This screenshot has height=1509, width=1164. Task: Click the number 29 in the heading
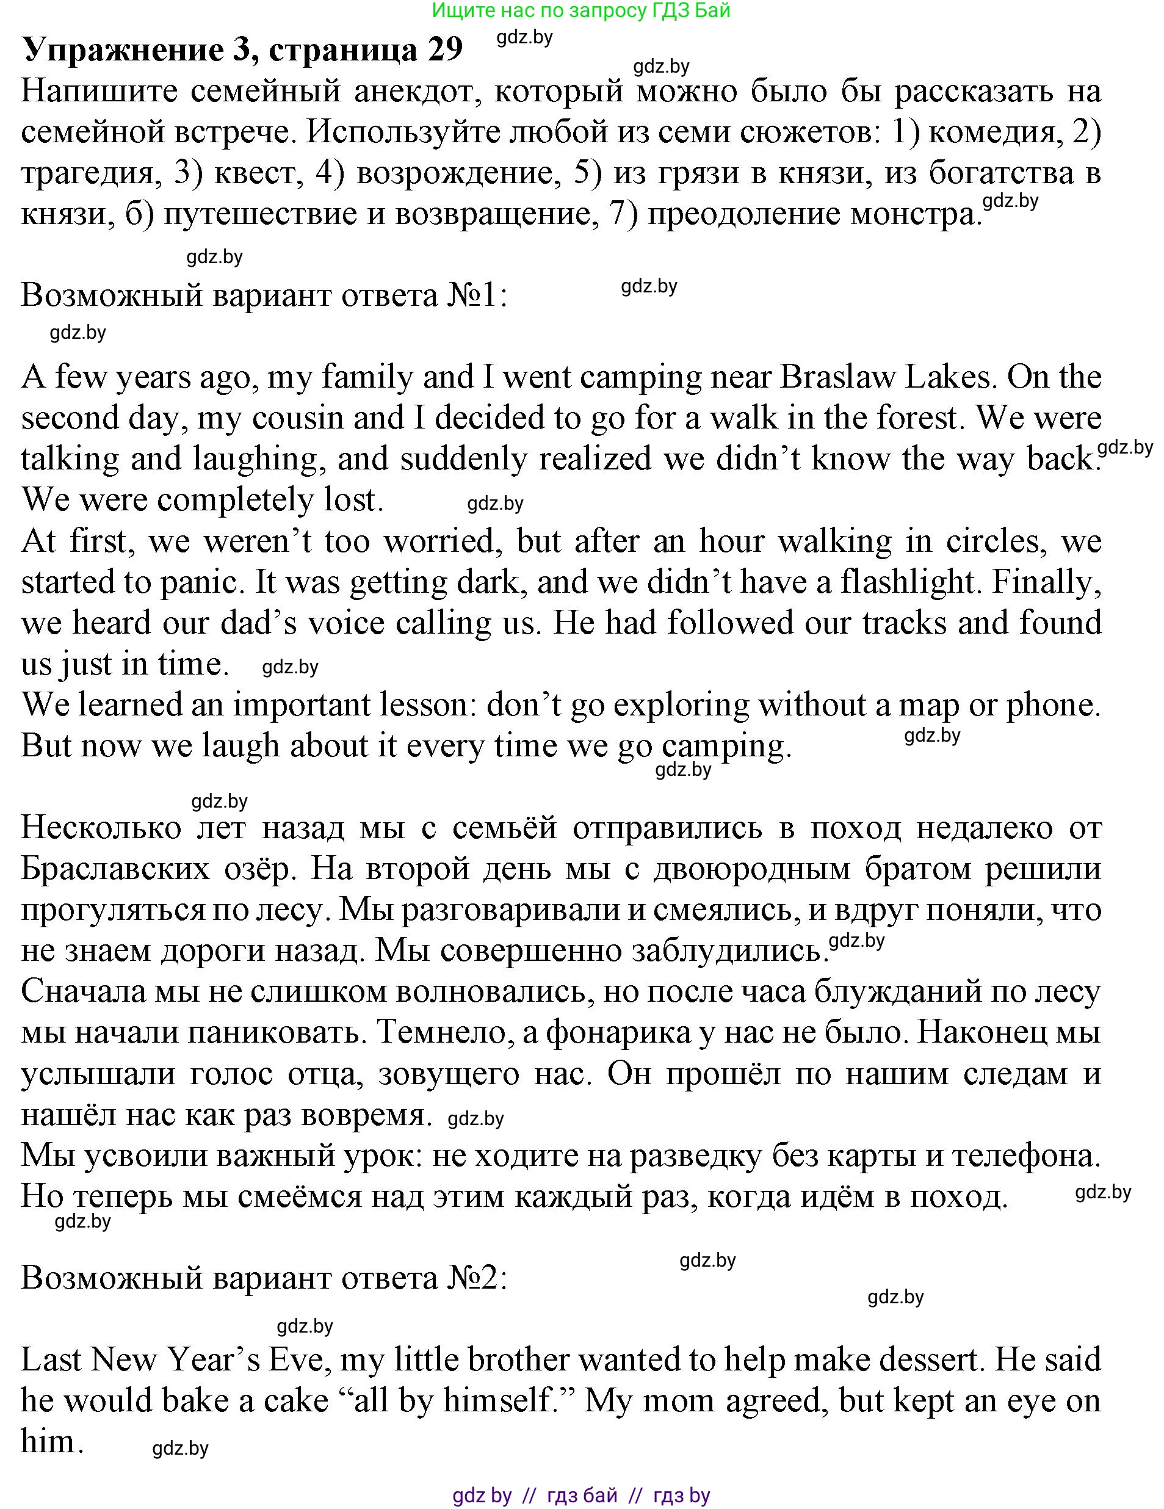coord(444,49)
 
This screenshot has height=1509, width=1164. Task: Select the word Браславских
coord(115,869)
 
